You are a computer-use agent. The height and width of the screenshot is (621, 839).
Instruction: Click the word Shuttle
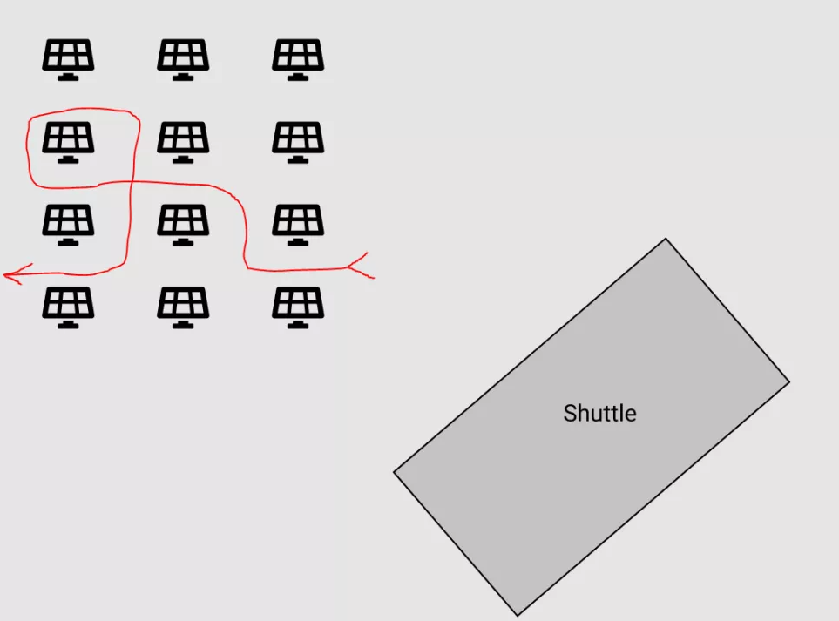click(599, 414)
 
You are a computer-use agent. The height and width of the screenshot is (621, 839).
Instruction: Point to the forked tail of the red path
click(360, 266)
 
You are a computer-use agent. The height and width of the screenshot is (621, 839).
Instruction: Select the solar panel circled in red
click(69, 142)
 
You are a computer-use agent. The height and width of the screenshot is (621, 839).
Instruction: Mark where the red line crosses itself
click(132, 182)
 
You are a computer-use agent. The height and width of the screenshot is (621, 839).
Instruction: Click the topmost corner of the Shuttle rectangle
click(666, 238)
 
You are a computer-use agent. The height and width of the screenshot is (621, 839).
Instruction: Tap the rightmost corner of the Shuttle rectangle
click(789, 381)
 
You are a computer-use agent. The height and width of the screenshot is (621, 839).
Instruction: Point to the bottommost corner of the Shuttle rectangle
click(518, 616)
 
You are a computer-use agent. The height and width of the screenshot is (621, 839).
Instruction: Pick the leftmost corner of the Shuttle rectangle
click(394, 472)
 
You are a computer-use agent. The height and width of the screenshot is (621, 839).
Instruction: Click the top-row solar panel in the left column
click(69, 60)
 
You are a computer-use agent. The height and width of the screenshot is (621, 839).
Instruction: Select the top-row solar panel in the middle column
click(183, 60)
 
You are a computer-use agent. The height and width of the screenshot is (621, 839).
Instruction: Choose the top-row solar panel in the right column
click(298, 60)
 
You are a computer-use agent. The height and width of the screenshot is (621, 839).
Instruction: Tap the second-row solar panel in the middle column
click(183, 142)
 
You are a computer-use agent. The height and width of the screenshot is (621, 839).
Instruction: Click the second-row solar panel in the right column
click(298, 142)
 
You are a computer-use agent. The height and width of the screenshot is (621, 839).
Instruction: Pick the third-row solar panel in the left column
click(69, 225)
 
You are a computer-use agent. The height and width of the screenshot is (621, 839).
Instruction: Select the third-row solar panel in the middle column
click(183, 225)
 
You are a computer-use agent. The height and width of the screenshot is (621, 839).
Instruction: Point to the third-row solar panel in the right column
click(298, 225)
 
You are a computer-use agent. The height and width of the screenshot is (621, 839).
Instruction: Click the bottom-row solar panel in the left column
click(69, 307)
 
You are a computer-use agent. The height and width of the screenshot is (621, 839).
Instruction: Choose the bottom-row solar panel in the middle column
click(183, 307)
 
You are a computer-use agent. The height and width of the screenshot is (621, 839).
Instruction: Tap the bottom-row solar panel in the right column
click(298, 307)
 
